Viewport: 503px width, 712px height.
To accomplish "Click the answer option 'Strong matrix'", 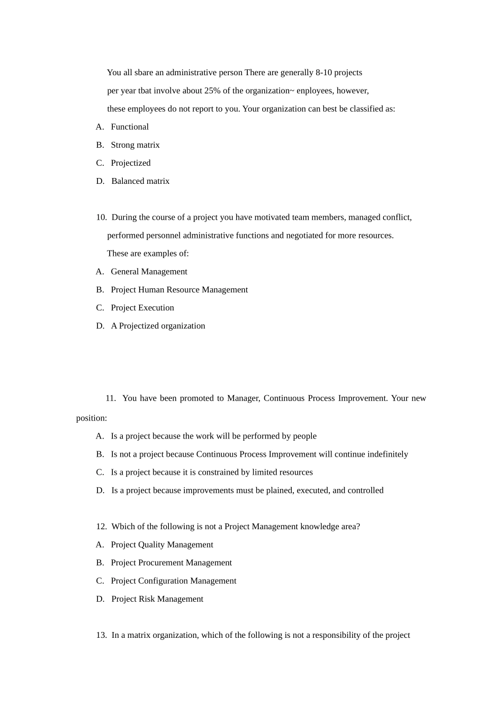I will point(135,145).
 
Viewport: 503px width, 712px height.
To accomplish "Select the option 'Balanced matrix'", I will point(140,181).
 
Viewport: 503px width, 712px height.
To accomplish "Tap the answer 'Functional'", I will point(130,127).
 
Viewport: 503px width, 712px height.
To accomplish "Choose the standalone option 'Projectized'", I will point(131,163).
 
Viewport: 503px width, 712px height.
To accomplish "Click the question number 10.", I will point(101,217).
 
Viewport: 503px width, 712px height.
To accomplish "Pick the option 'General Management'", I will point(149,272).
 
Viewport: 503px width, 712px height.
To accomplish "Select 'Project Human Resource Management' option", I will point(179,290).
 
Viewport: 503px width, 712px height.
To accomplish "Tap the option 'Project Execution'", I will point(142,308).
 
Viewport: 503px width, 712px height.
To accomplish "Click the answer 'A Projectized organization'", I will point(158,326).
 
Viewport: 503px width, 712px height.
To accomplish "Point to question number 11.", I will point(110,398).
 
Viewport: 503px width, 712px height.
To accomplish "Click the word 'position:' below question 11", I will point(92,418).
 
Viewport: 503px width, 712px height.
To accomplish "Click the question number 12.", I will point(101,527).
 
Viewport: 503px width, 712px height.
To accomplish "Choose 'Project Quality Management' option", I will point(161,545).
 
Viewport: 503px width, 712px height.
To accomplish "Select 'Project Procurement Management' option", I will point(171,563).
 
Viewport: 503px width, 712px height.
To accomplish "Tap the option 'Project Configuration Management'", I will point(173,581).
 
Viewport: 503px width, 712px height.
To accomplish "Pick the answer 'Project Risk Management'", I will point(157,599).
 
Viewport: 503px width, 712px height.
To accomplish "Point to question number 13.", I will point(101,635).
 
